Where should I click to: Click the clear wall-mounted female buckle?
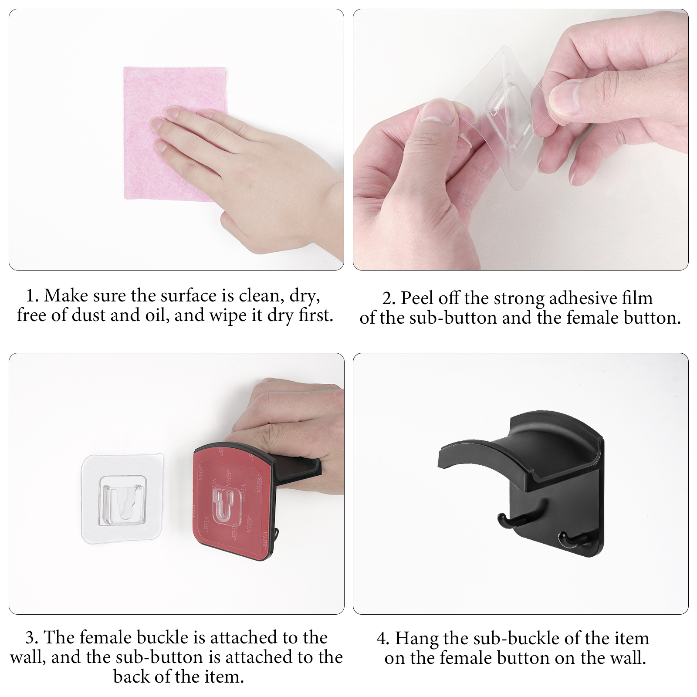[123, 499]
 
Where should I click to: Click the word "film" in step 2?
[637, 298]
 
